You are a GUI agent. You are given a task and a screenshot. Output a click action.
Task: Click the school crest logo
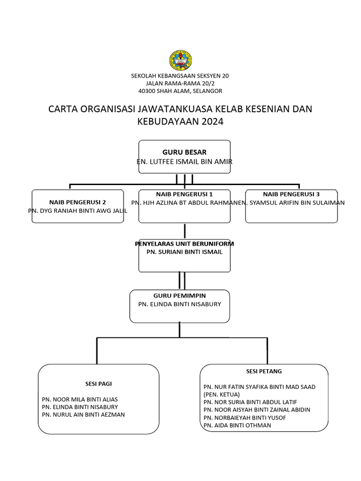point(180,60)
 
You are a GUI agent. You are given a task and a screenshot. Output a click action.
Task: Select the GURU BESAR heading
point(184,152)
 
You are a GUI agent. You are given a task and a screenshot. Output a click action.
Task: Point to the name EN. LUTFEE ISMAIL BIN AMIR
point(184,162)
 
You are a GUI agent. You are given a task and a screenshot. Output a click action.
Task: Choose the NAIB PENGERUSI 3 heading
point(291,194)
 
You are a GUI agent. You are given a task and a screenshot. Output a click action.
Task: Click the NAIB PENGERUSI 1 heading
point(184,194)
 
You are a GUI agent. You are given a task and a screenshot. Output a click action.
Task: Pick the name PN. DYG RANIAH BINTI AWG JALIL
point(78,211)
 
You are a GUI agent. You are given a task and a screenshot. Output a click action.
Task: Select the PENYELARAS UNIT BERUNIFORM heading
point(184,244)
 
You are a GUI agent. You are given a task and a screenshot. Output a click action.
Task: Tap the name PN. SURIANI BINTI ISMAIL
point(184,252)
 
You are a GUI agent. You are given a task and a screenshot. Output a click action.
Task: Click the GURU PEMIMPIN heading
point(180,295)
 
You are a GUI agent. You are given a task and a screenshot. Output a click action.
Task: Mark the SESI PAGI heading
point(98,383)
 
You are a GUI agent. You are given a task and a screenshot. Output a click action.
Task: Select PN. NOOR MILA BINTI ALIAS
point(80,399)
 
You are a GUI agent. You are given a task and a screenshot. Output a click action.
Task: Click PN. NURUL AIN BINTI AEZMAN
point(83,414)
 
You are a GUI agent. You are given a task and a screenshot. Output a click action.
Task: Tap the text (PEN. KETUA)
point(222,394)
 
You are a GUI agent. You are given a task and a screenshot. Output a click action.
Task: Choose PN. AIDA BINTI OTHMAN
point(237,425)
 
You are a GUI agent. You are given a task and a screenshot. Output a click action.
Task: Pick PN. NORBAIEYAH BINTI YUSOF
point(244,418)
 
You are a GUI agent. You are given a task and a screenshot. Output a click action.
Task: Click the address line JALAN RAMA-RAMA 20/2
point(180,83)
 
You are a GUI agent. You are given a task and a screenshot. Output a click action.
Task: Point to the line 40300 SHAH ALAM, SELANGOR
point(180,91)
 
